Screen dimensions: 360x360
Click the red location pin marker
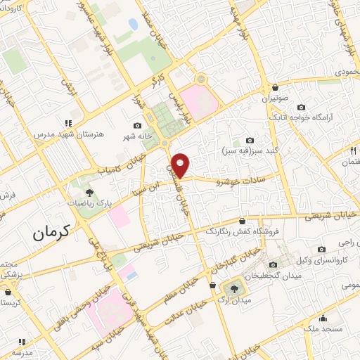click(181, 165)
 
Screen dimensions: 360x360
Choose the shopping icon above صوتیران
click(275, 87)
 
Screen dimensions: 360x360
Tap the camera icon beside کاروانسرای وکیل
click(322, 249)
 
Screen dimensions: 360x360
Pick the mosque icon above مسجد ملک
click(323, 317)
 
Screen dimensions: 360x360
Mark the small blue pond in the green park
click(133, 25)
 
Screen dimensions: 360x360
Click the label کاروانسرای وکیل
click(322, 262)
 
